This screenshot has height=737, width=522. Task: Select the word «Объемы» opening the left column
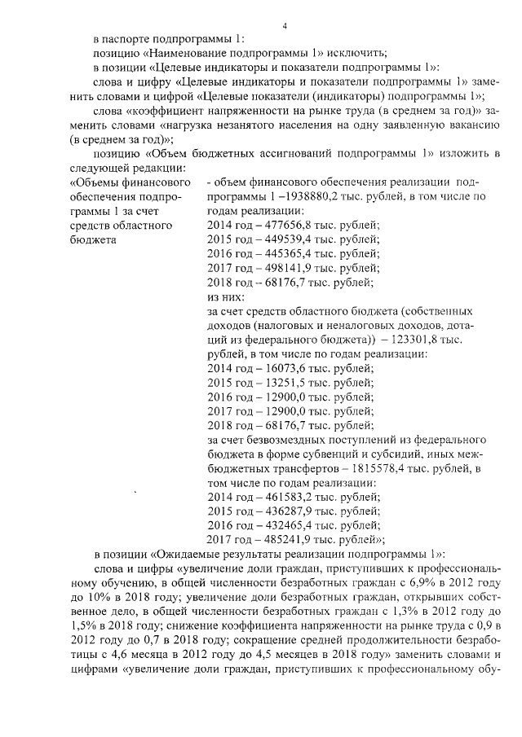100,182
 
